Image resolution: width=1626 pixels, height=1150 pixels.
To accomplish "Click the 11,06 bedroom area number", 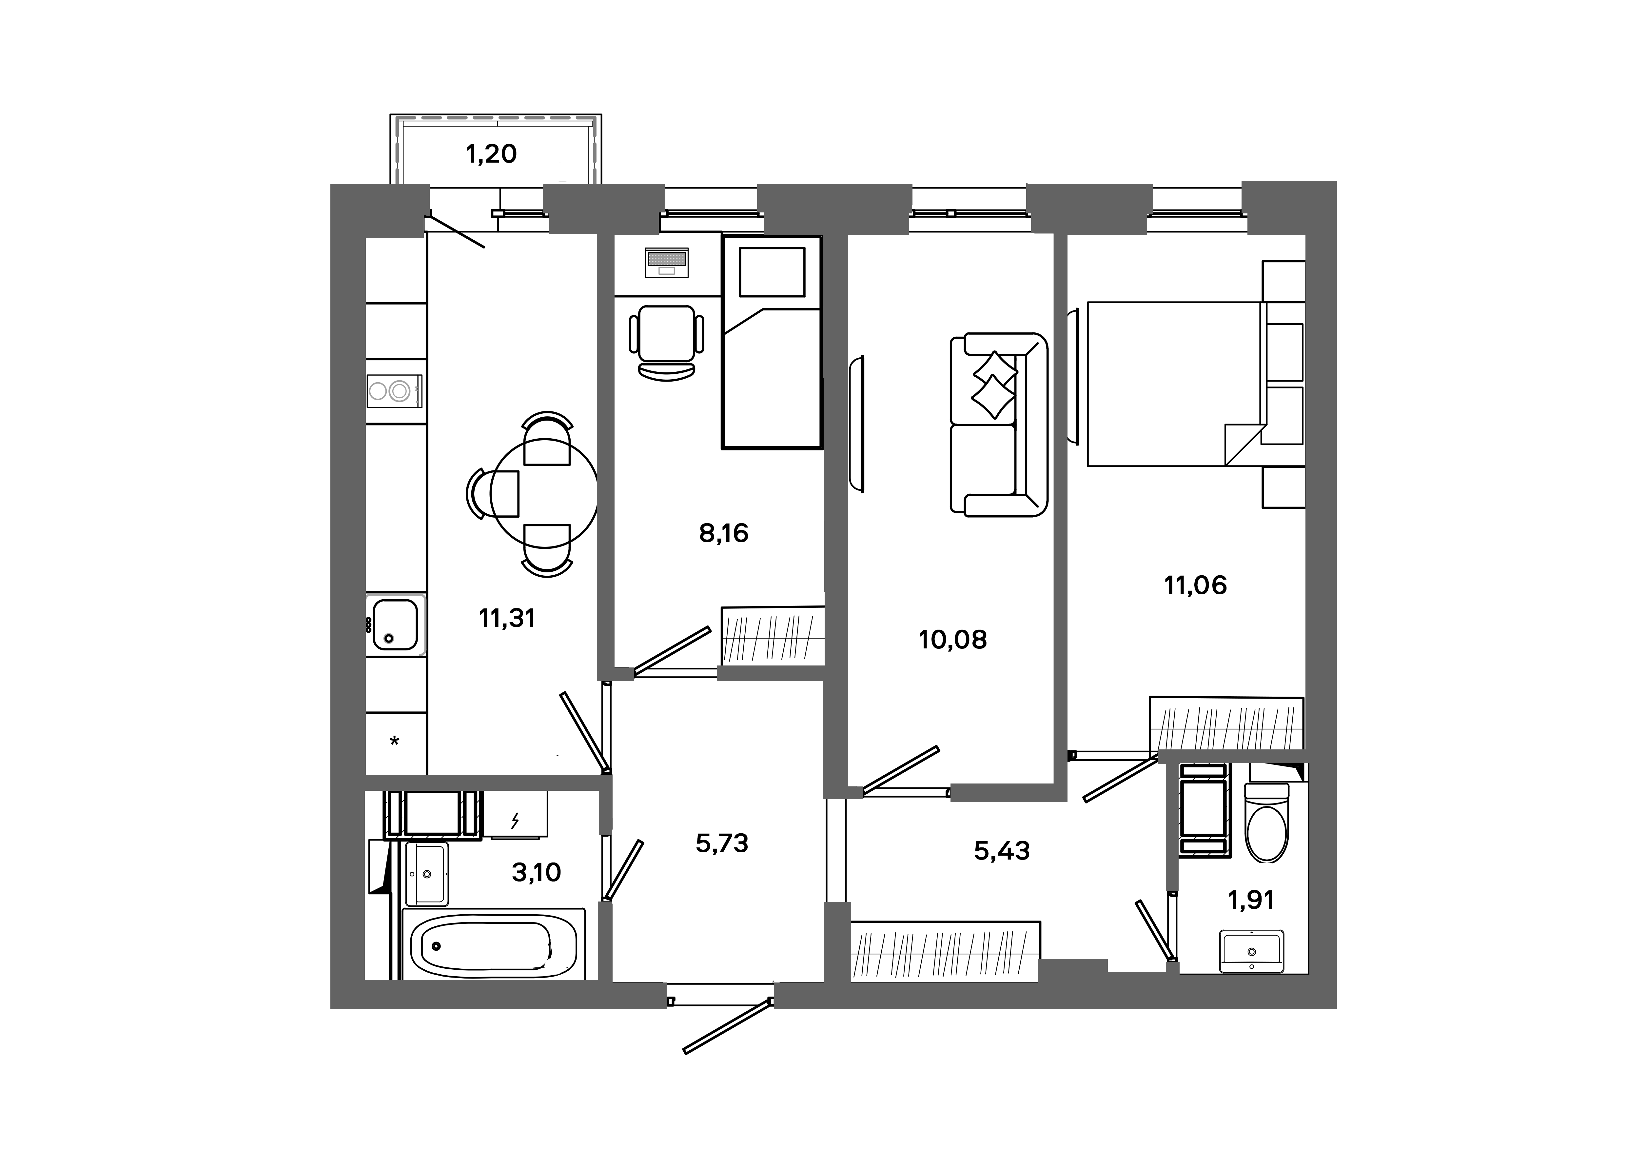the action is point(1195,585).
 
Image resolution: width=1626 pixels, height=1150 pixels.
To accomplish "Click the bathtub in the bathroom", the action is point(494,945).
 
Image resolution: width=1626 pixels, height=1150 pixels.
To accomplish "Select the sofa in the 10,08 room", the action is point(998,425).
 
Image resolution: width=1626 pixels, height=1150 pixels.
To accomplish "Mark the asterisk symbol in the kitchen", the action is point(395,741).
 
